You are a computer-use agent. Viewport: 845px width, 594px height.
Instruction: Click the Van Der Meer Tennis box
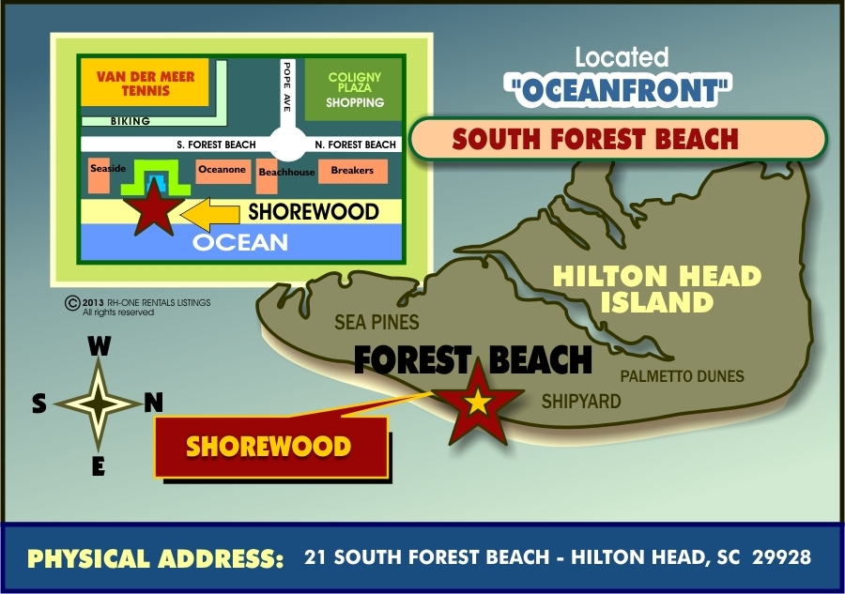pyautogui.click(x=132, y=83)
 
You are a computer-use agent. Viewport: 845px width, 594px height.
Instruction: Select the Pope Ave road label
pyautogui.click(x=288, y=87)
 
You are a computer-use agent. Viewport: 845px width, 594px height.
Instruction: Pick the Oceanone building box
pyautogui.click(x=223, y=170)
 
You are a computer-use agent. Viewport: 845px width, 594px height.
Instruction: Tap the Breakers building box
pyautogui.click(x=352, y=171)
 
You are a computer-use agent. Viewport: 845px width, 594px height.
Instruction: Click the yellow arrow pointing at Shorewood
pyautogui.click(x=210, y=214)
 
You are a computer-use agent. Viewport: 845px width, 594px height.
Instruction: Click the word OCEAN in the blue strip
pyautogui.click(x=240, y=242)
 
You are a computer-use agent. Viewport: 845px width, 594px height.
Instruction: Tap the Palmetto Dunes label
pyautogui.click(x=683, y=376)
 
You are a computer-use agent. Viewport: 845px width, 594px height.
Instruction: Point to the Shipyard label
pyautogui.click(x=581, y=401)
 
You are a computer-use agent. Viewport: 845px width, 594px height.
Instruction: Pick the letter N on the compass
pyautogui.click(x=153, y=403)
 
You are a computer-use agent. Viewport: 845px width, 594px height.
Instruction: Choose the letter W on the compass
pyautogui.click(x=99, y=347)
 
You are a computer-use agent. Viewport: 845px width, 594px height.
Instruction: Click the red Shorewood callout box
pyautogui.click(x=270, y=447)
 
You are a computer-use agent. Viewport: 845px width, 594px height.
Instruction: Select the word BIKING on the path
pyautogui.click(x=131, y=121)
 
